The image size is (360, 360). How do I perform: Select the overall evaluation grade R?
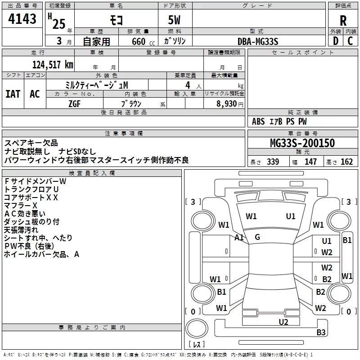click(x=343, y=21)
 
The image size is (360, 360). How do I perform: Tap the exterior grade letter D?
click(x=335, y=40)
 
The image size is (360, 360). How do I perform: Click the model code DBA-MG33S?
click(x=258, y=41)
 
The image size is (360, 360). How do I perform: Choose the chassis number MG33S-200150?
click(x=302, y=144)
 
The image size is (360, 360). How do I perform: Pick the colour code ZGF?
click(x=74, y=103)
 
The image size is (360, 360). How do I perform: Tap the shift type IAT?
click(x=13, y=94)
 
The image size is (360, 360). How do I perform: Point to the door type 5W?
click(x=175, y=21)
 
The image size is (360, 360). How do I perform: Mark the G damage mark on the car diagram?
click(x=257, y=237)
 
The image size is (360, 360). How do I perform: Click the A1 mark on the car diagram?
click(x=239, y=237)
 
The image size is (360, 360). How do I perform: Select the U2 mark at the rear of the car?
click(x=283, y=321)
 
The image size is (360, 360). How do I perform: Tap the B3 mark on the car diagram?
click(x=321, y=333)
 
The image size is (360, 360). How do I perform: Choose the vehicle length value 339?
click(x=273, y=162)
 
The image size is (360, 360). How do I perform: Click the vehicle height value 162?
click(x=346, y=162)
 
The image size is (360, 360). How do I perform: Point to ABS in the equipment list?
click(x=258, y=121)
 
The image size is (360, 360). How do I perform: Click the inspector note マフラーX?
click(x=20, y=205)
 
